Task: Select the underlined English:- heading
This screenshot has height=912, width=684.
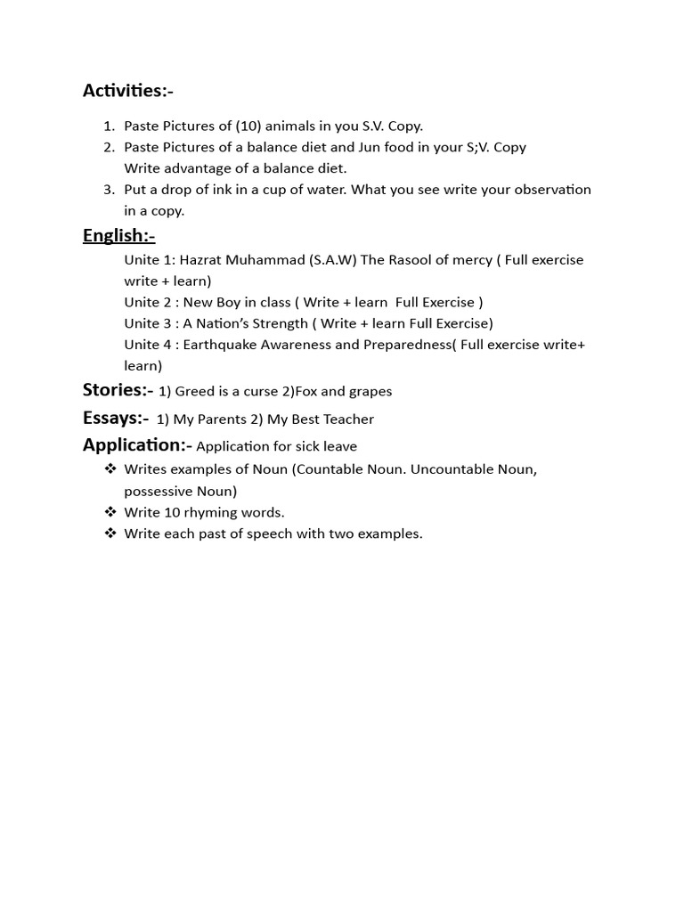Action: click(118, 235)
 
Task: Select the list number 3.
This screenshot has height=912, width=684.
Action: click(109, 190)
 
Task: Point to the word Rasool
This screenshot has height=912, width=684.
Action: click(415, 260)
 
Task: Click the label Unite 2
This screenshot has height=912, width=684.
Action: click(147, 302)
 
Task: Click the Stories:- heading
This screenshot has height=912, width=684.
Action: click(118, 390)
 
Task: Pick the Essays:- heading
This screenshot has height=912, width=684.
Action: click(116, 418)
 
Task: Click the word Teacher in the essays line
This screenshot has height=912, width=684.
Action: click(349, 419)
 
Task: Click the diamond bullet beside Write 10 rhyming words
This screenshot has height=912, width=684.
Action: click(110, 512)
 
